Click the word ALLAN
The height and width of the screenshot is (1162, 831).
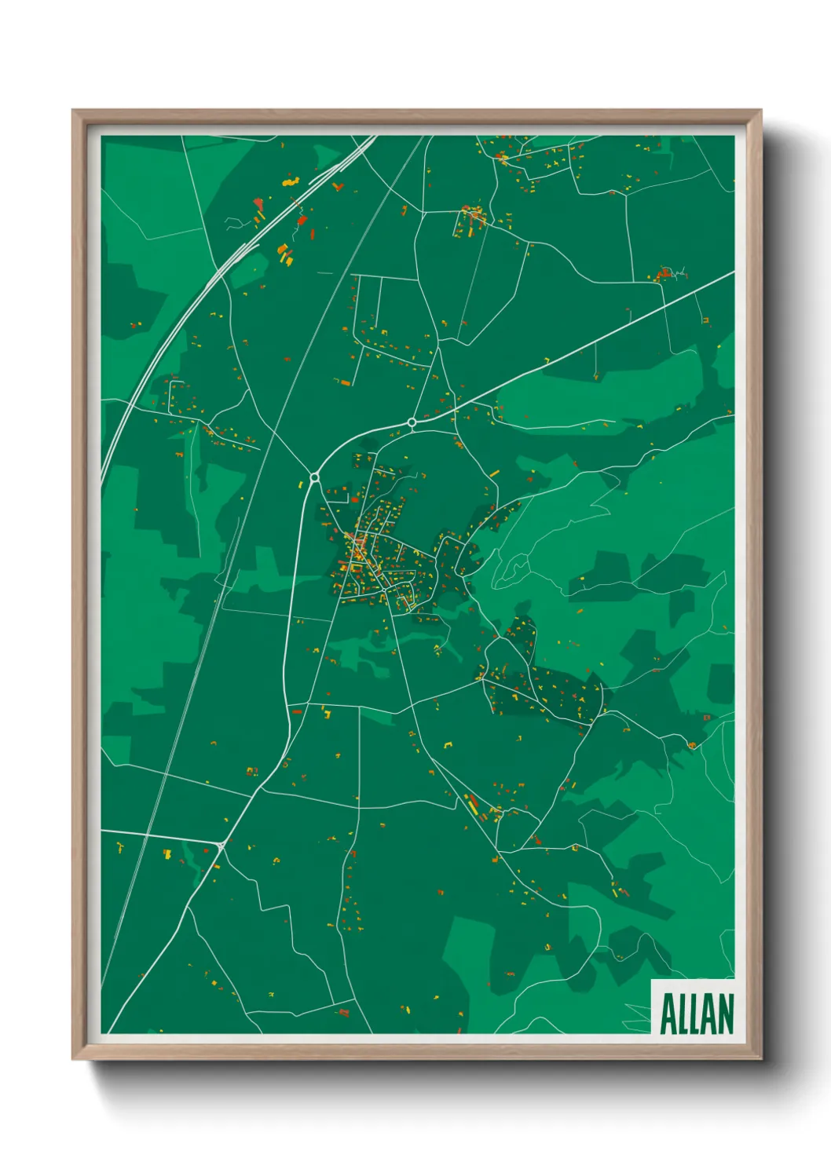[x=696, y=1014]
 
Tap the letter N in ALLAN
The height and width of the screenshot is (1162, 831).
[x=724, y=1014]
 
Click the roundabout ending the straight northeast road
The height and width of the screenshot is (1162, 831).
[x=412, y=422]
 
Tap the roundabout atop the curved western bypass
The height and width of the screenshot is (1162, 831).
[x=315, y=477]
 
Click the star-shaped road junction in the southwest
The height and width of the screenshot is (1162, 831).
[x=221, y=845]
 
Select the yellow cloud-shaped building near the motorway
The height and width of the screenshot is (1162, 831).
[x=291, y=181]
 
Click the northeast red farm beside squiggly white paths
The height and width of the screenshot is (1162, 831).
[x=664, y=274]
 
